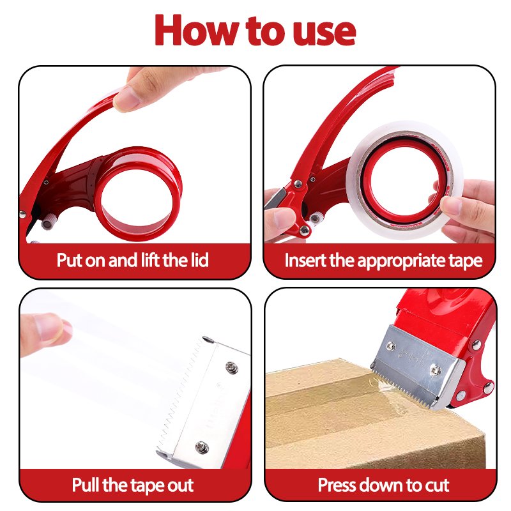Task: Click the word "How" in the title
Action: coord(196,30)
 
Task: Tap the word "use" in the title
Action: coord(324,33)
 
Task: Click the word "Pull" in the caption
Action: coord(85,484)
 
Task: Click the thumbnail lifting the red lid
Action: coord(126,98)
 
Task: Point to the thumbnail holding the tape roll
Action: coord(452,205)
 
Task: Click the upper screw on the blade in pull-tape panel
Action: coord(232,368)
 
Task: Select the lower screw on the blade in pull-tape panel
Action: coord(202,446)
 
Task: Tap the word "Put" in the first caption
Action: coord(70,260)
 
